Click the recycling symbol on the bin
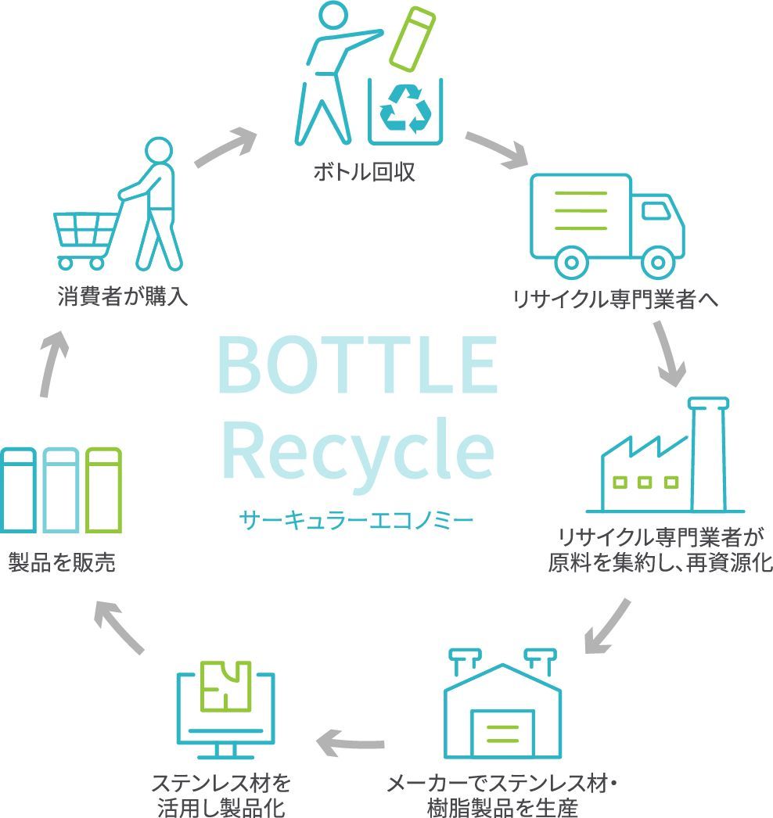404,109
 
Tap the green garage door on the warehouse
501,734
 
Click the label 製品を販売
62,561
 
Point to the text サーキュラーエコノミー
358,518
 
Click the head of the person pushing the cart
156,151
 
